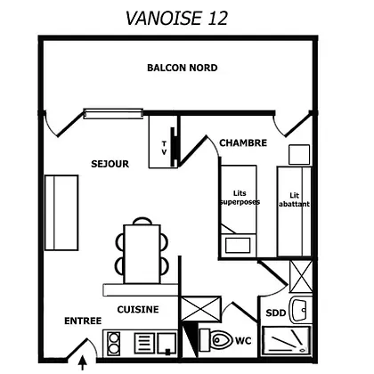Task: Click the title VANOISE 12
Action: tap(176, 18)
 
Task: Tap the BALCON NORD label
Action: tap(183, 68)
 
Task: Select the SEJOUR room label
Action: tap(110, 164)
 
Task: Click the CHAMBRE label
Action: tap(243, 142)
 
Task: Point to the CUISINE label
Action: tap(138, 309)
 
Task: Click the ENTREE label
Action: tap(83, 321)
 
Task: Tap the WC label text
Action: tap(243, 340)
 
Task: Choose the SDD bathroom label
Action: tap(276, 313)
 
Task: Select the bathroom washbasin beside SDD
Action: tap(299, 310)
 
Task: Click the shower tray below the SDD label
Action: tap(287, 341)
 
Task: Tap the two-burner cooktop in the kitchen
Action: tap(113, 343)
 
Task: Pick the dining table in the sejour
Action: tap(142, 254)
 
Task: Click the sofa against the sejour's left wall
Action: tap(61, 213)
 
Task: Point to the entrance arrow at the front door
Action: tap(82, 363)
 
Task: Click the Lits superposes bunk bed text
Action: tap(240, 198)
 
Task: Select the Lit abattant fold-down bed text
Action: tap(294, 199)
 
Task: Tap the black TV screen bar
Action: tap(173, 147)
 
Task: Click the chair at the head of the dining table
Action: tap(142, 221)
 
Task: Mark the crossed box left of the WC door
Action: tap(201, 309)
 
